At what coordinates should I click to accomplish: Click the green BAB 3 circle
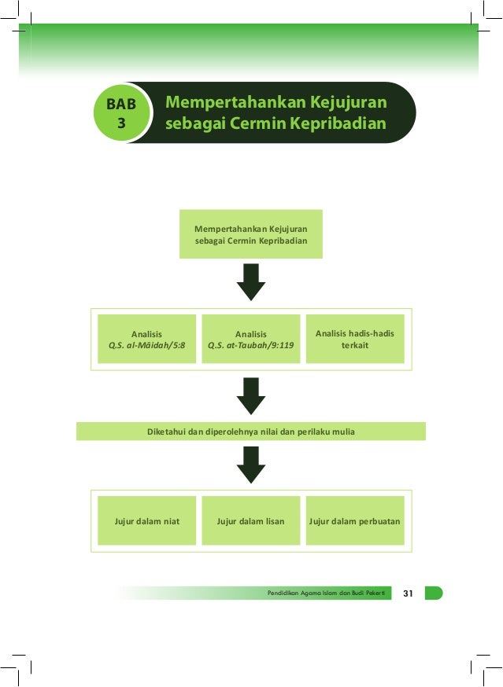120,113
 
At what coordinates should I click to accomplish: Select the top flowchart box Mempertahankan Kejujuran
251,233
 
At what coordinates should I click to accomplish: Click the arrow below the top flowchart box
251,281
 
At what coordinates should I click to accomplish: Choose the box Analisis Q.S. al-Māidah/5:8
146,339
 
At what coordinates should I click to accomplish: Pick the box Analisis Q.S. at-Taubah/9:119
251,339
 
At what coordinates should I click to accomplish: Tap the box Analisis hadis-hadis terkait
355,339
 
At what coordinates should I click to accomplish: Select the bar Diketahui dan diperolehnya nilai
251,431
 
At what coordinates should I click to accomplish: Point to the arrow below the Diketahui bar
251,464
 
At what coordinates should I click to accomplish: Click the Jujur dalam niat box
146,520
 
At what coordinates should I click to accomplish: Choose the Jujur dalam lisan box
251,520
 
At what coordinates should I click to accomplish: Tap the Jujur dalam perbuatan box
355,520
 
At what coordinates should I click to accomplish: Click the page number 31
408,593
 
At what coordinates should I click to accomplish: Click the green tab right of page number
433,593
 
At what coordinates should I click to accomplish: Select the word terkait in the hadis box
355,345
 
